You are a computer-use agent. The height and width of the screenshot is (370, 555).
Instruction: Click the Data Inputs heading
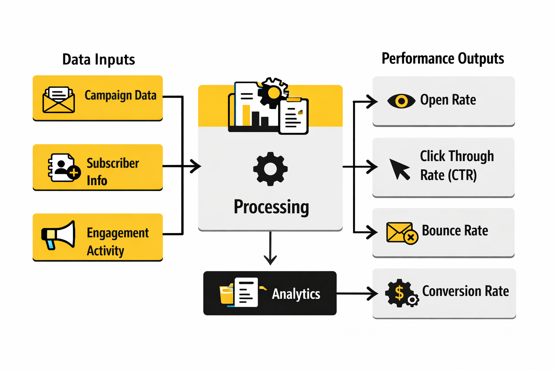point(99,60)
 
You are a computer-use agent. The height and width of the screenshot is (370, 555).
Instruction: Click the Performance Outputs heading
point(443,59)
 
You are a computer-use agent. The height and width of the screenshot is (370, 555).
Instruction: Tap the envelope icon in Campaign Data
point(59,100)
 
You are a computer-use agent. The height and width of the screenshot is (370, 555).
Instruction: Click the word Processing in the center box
point(271,207)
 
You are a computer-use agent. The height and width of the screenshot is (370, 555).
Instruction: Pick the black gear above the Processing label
point(270,169)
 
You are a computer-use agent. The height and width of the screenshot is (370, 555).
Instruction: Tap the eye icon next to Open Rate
point(401,101)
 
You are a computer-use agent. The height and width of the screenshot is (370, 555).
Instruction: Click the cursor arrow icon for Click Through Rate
point(399,169)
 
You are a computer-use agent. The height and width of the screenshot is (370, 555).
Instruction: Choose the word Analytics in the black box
point(296,294)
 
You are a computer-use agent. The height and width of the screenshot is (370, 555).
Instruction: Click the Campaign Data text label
point(120,95)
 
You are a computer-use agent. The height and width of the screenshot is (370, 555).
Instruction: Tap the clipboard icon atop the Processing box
point(294,116)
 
